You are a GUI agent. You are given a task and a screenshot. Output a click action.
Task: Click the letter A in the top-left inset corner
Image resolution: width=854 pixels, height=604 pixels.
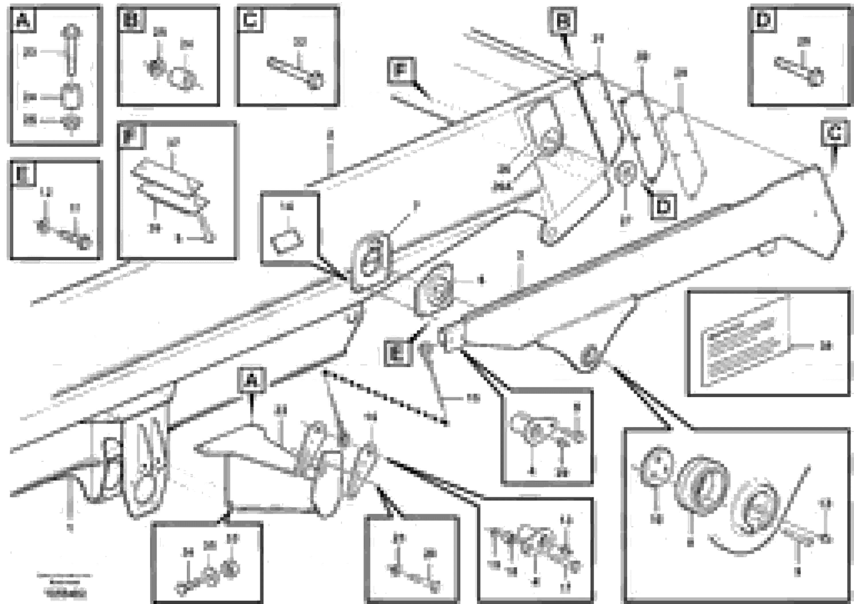pyautogui.click(x=23, y=20)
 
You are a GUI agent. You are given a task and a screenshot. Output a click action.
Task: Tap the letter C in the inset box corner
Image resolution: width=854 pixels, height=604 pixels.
pyautogui.click(x=250, y=20)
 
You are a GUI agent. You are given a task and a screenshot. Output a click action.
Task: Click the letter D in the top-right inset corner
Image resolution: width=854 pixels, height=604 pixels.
pyautogui.click(x=764, y=20)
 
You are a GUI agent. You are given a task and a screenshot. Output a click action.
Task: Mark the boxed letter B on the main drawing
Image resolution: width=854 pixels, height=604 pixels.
pyautogui.click(x=562, y=22)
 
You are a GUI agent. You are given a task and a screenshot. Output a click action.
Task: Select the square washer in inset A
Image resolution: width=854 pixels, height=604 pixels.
pyautogui.click(x=71, y=97)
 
